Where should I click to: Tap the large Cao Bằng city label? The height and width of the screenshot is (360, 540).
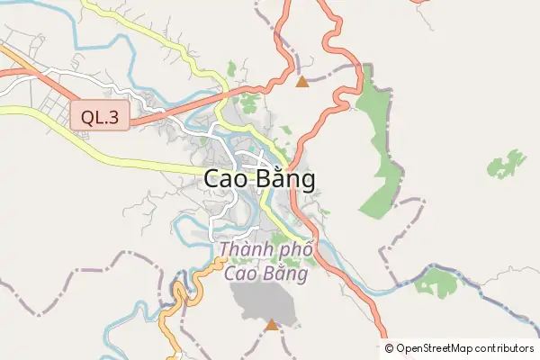(260, 179)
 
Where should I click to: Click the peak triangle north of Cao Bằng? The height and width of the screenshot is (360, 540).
(302, 83)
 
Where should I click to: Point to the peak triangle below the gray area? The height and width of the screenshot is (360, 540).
(272, 324)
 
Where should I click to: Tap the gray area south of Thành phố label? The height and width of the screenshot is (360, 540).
(265, 301)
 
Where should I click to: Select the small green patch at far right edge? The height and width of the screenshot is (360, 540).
(507, 164)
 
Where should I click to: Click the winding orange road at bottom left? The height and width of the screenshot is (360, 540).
(173, 306)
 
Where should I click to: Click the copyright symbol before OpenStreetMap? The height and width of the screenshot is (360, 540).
(390, 348)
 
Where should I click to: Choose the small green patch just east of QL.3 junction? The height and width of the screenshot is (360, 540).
(232, 68)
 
